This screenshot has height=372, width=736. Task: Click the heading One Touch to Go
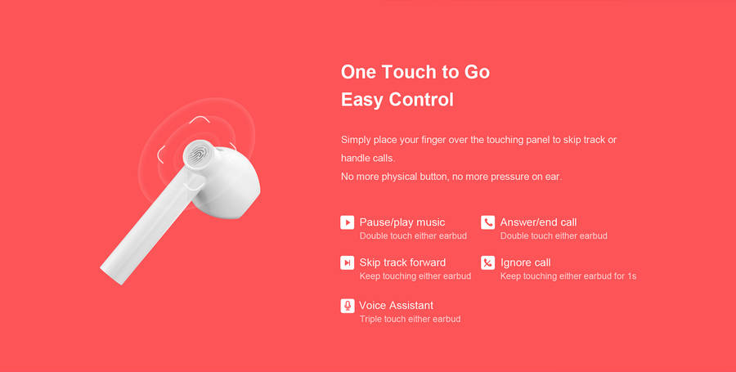pos(415,72)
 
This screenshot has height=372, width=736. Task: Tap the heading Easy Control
pos(397,100)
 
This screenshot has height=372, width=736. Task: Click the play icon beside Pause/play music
pos(348,222)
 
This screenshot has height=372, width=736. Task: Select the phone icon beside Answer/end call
pos(487,222)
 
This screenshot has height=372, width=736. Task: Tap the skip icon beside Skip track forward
pos(348,262)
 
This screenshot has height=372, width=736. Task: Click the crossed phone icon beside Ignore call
pos(487,262)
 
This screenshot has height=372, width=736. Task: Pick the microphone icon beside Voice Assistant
pos(348,306)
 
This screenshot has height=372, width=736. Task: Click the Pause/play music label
pos(402,222)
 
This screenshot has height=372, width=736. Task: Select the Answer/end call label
pos(538,222)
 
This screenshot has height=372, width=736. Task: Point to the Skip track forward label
pos(402,262)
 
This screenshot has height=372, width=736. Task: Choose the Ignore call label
pos(525,262)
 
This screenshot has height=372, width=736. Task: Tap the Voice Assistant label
pos(396,306)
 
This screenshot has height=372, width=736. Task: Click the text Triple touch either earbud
pos(410,319)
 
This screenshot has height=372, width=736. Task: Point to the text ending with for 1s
pos(568,276)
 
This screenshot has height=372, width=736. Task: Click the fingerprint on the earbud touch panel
pos(198,155)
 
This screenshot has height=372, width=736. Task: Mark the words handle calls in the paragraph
pos(367,159)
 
